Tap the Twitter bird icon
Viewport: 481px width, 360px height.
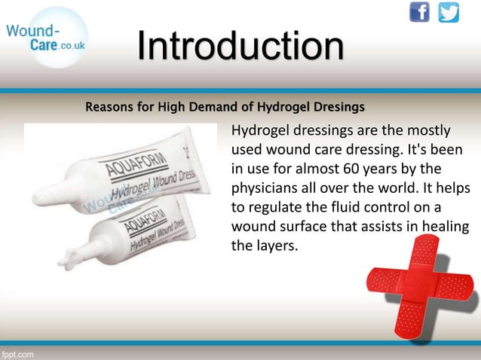(449, 13)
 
